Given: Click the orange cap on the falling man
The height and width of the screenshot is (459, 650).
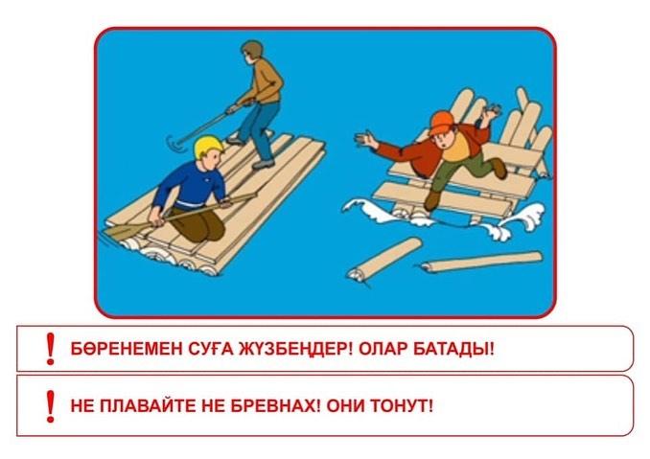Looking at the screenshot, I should [441, 122].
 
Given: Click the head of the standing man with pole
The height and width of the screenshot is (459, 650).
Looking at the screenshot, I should [252, 50].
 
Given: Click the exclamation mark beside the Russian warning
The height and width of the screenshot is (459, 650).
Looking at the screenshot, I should [51, 404].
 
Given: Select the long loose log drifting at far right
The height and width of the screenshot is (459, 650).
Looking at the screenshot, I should [483, 261].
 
